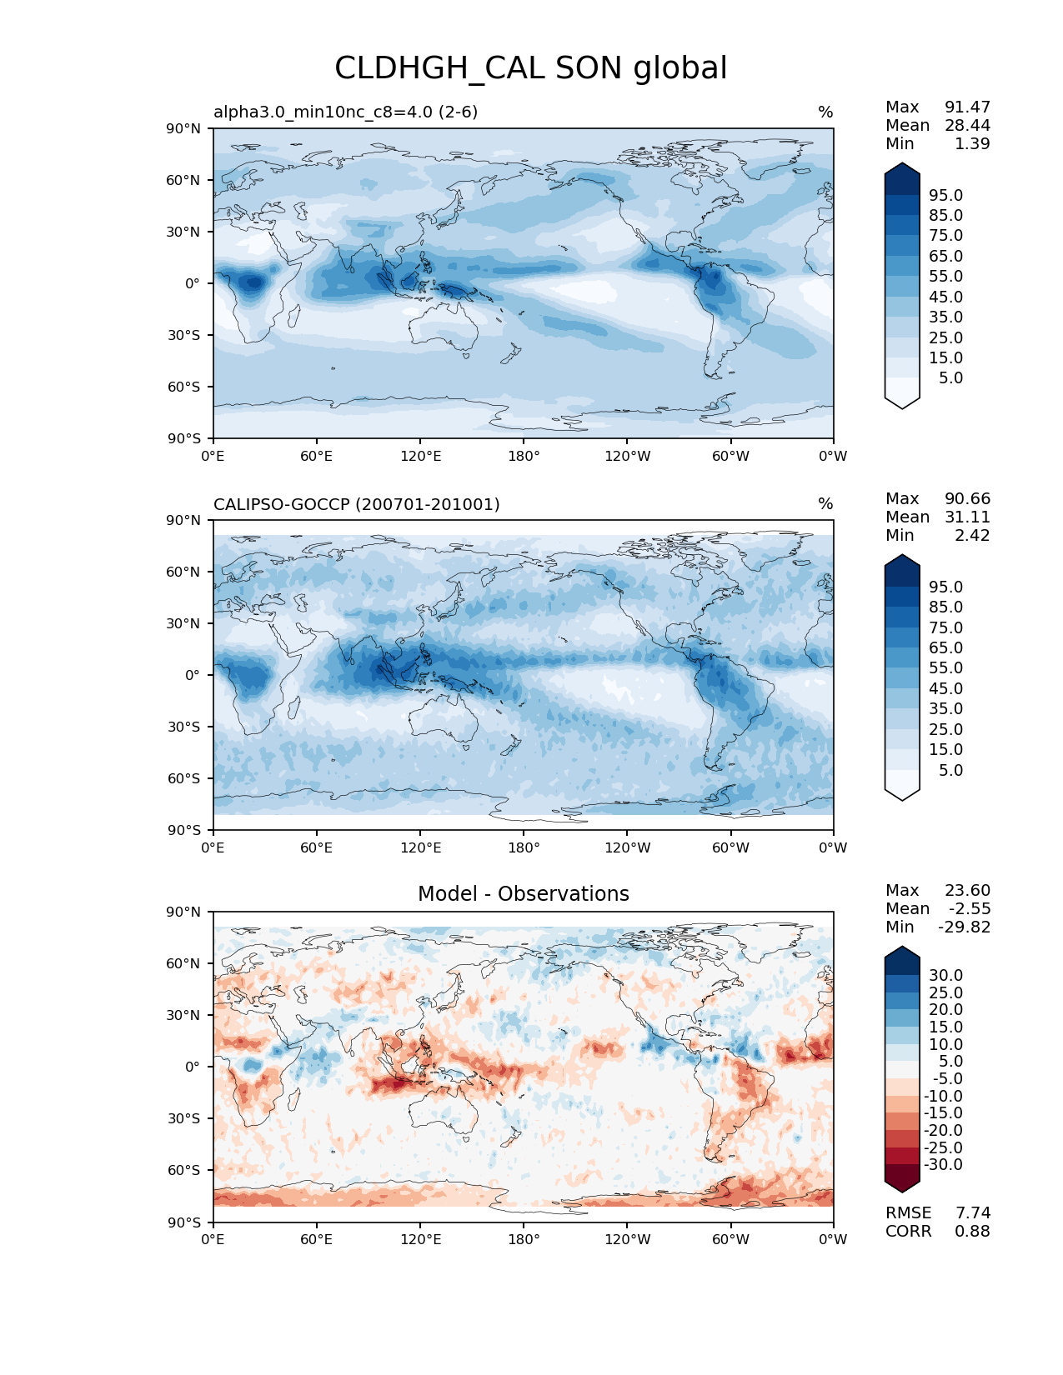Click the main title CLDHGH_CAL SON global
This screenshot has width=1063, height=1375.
coord(530,68)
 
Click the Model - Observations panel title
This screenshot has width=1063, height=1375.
coord(523,894)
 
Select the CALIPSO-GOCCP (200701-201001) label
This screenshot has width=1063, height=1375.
coord(356,504)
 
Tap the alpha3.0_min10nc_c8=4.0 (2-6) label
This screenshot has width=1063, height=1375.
coord(345,112)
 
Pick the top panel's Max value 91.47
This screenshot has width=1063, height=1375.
coord(967,107)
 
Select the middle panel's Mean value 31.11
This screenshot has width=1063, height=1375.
coord(967,517)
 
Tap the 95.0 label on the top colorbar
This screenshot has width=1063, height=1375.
coord(945,195)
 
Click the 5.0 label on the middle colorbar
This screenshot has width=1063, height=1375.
coord(950,770)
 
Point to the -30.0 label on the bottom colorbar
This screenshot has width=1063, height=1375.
coord(943,1164)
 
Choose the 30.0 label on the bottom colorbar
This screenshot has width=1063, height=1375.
coord(945,975)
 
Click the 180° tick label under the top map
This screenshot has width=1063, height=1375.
coord(524,456)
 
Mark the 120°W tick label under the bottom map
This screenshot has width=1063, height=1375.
coord(627,1239)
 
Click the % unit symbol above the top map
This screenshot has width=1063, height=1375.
coord(825,112)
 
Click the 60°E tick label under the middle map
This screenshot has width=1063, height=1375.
coord(316,847)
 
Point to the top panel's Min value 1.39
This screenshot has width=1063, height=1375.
coord(972,143)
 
